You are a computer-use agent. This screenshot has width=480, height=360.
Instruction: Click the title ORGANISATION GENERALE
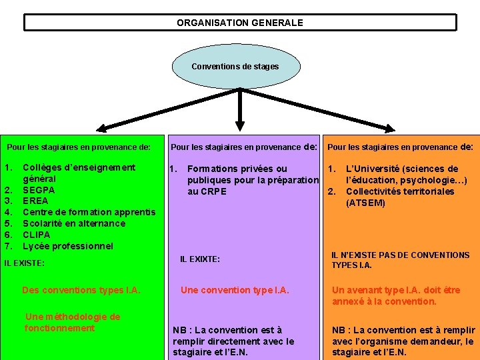pyautogui.click(x=239, y=23)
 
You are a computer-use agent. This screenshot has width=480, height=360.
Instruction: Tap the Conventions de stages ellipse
pyautogui.click(x=235, y=67)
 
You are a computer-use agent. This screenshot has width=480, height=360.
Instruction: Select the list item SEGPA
pyautogui.click(x=39, y=190)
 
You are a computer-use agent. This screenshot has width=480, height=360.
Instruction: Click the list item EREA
pyautogui.click(x=35, y=201)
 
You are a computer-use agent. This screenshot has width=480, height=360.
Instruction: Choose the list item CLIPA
pyautogui.click(x=37, y=235)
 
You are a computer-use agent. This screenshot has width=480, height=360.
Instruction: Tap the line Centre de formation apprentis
pyautogui.click(x=89, y=213)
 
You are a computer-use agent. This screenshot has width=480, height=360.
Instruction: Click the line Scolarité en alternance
pyautogui.click(x=73, y=223)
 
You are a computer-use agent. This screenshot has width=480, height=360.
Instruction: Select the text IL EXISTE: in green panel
pyautogui.click(x=25, y=263)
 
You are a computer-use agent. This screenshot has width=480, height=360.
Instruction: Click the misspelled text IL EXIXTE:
pyautogui.click(x=200, y=259)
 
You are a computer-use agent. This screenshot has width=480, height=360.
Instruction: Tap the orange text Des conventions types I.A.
pyautogui.click(x=81, y=290)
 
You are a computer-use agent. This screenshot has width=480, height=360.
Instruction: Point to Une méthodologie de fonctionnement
pyautogui.click(x=72, y=323)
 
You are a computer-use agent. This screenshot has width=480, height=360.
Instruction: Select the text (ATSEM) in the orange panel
pyautogui.click(x=365, y=203)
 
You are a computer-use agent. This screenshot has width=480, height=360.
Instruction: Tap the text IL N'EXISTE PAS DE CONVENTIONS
pyautogui.click(x=400, y=255)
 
